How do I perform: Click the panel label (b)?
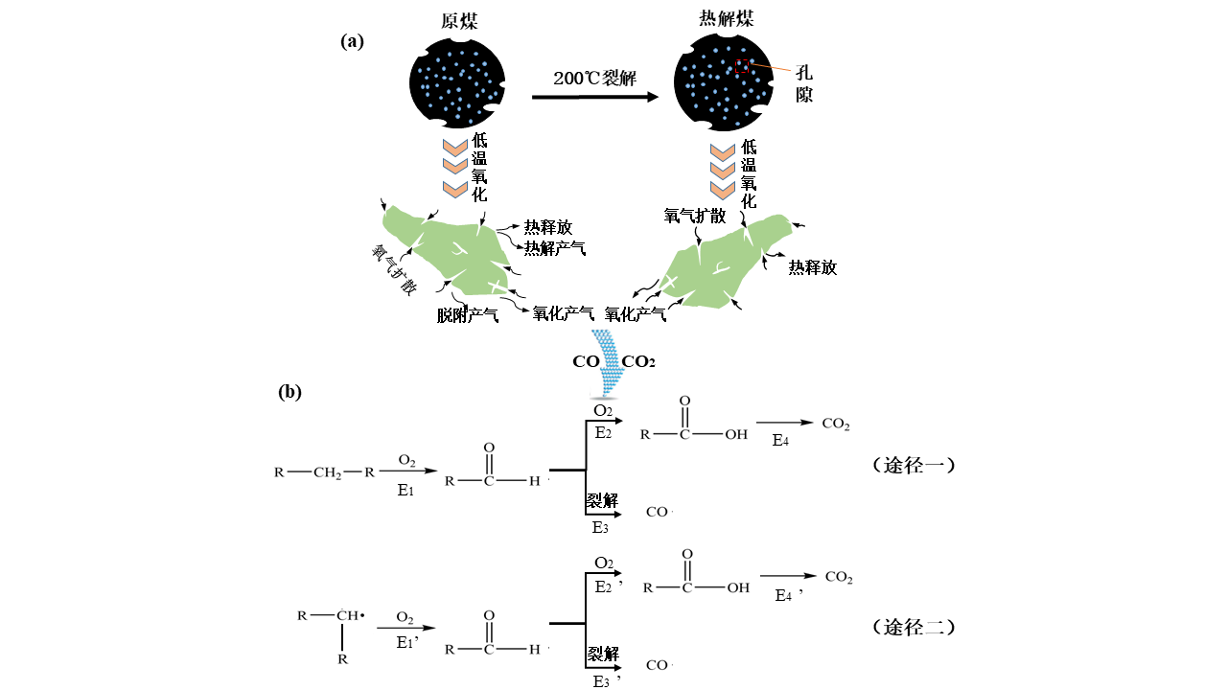click(290, 391)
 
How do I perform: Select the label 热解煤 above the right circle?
click(725, 18)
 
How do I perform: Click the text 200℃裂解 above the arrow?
click(595, 79)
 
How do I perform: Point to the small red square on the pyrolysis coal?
click(741, 65)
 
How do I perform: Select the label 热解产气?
click(554, 248)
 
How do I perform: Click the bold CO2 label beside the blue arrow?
click(638, 361)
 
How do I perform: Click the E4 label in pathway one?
click(782, 440)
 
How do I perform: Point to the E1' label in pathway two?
click(407, 643)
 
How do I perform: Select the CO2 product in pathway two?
click(839, 578)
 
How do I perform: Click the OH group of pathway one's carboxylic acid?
click(736, 434)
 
